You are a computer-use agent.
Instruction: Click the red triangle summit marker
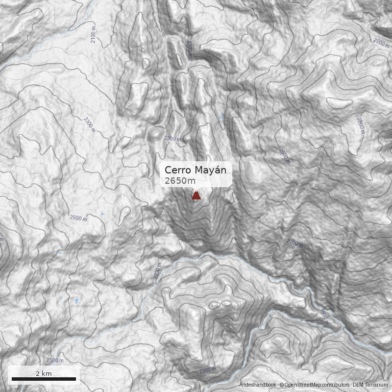196,196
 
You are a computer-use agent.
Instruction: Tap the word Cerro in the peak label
177,170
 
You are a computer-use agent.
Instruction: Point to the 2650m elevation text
180,181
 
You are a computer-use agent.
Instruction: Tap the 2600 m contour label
284,155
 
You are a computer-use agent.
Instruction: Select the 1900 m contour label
323,316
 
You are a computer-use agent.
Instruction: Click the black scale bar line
44,379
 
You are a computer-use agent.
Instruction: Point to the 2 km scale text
44,373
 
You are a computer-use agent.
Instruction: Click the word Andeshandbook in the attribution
258,385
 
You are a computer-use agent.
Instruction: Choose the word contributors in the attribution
336,385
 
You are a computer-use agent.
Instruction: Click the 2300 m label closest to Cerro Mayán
172,139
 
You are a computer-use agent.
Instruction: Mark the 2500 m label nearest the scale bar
55,360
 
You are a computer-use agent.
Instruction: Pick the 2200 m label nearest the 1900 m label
295,243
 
